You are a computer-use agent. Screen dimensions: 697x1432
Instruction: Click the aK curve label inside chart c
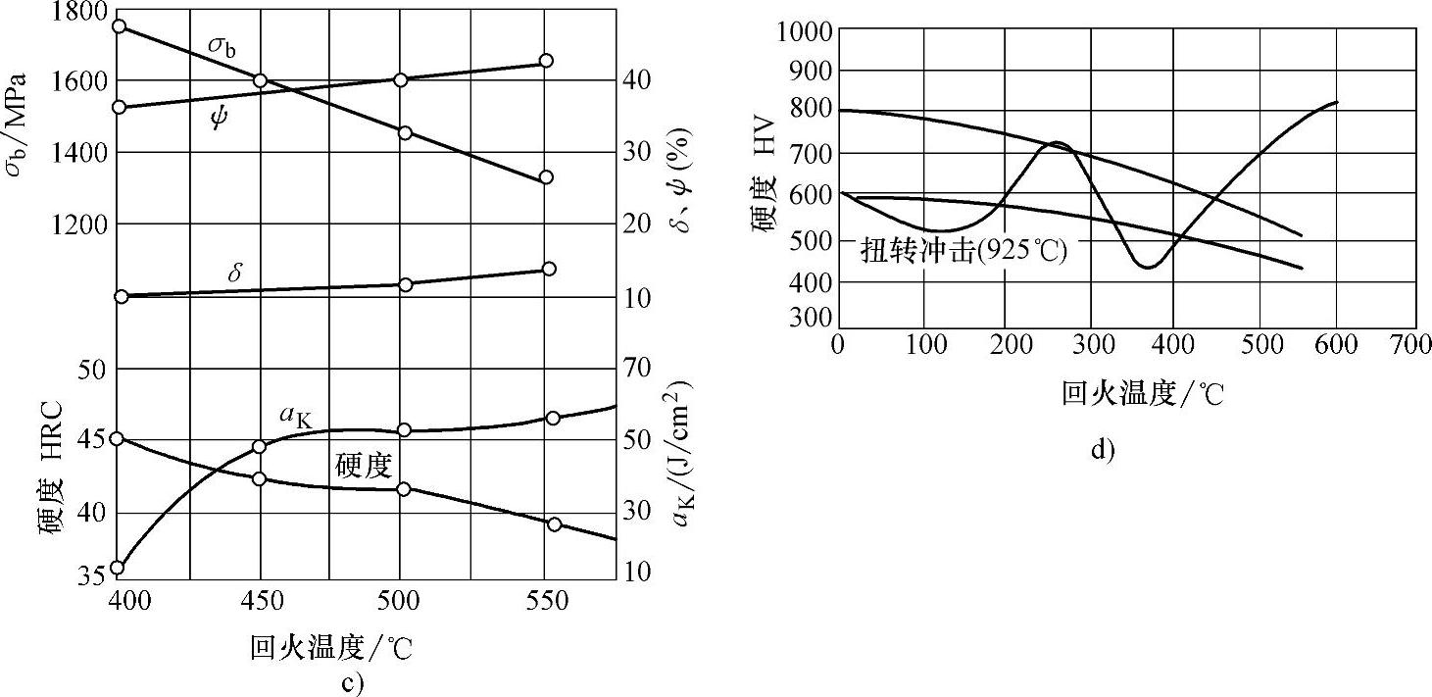295,418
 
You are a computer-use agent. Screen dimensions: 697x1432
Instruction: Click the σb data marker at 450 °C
261,80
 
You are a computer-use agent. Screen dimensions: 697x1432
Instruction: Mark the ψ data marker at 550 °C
547,61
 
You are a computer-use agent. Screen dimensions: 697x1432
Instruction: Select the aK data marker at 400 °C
117,568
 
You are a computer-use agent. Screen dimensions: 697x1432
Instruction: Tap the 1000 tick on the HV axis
804,30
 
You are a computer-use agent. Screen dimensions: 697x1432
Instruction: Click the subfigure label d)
1103,450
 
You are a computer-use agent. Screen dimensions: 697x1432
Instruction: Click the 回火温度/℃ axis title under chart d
1143,394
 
